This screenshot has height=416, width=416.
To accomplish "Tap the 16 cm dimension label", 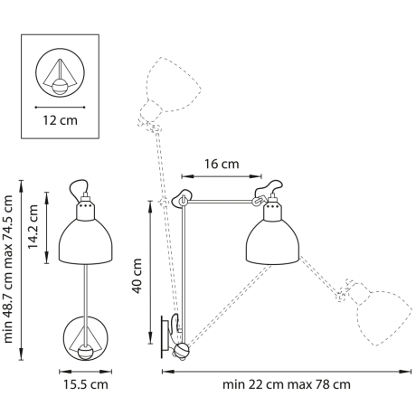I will pyautogui.click(x=221, y=164).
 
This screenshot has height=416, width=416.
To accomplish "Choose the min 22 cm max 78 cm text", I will pyautogui.click(x=287, y=384).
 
